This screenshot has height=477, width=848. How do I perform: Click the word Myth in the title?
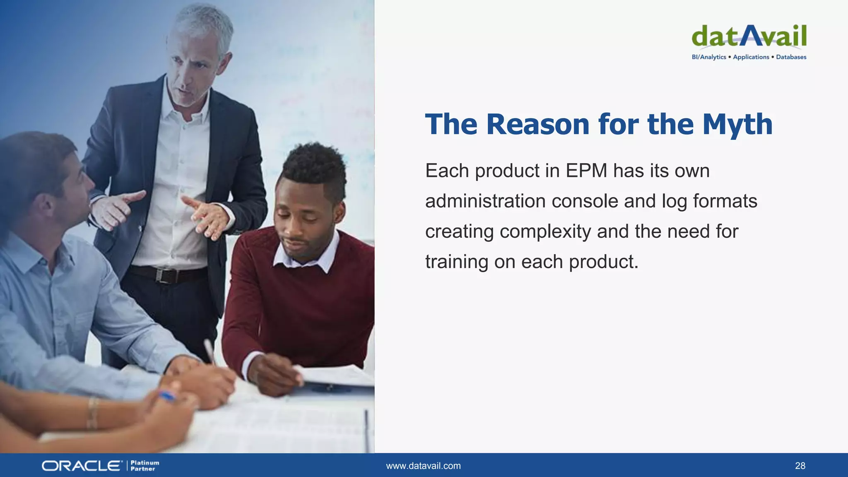pos(737,124)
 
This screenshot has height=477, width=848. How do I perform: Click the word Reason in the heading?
pos(537,124)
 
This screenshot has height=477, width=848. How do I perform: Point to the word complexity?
pos(545,231)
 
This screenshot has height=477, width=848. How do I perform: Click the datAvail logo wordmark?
pos(749,36)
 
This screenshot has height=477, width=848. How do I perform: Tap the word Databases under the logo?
pos(791,57)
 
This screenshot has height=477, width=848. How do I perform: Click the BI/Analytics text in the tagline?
pos(709,57)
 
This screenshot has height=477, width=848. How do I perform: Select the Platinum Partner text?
pos(145,466)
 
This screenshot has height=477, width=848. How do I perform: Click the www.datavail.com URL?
pos(423,466)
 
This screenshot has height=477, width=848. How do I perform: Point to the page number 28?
pos(800,466)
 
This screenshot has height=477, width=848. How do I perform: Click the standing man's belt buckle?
pos(165,275)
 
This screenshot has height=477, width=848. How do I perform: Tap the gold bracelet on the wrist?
pos(92,412)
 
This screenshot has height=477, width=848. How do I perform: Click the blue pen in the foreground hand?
pos(167,396)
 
